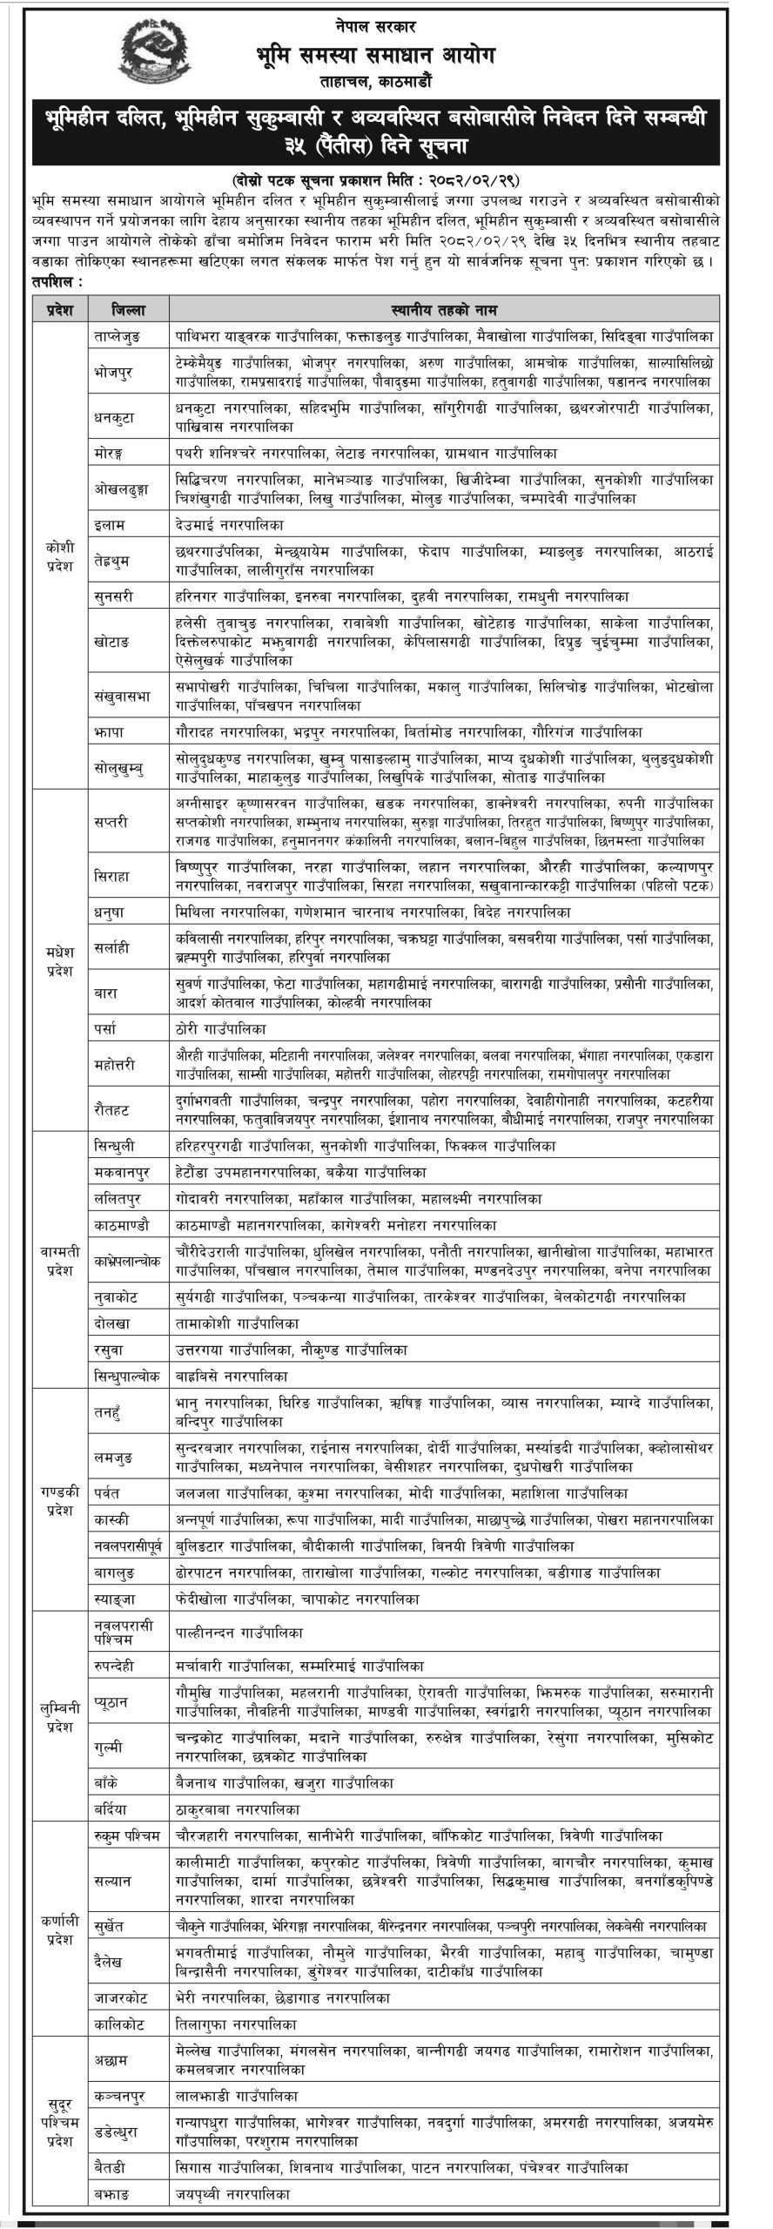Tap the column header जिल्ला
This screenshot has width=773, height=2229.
point(128,309)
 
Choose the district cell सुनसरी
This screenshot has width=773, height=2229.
point(116,596)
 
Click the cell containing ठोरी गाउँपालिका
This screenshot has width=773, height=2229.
point(218,1028)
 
